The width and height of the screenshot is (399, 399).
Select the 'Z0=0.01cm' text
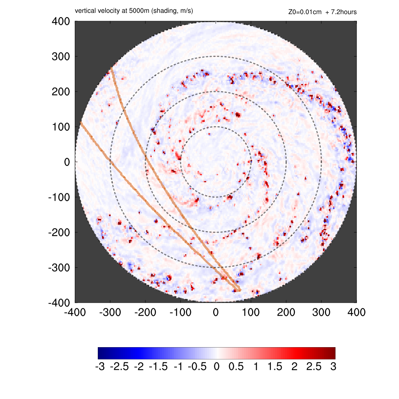point(305,12)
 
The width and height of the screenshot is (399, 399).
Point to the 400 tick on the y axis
point(61,21)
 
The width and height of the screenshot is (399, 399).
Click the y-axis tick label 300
point(61,56)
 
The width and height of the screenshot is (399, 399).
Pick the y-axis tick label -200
point(59,233)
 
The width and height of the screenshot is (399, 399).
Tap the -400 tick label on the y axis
point(59,303)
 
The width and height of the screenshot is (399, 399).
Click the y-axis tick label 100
point(61,127)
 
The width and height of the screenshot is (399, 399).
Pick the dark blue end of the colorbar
point(101,353)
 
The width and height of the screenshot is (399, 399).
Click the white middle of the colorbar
point(217,353)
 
